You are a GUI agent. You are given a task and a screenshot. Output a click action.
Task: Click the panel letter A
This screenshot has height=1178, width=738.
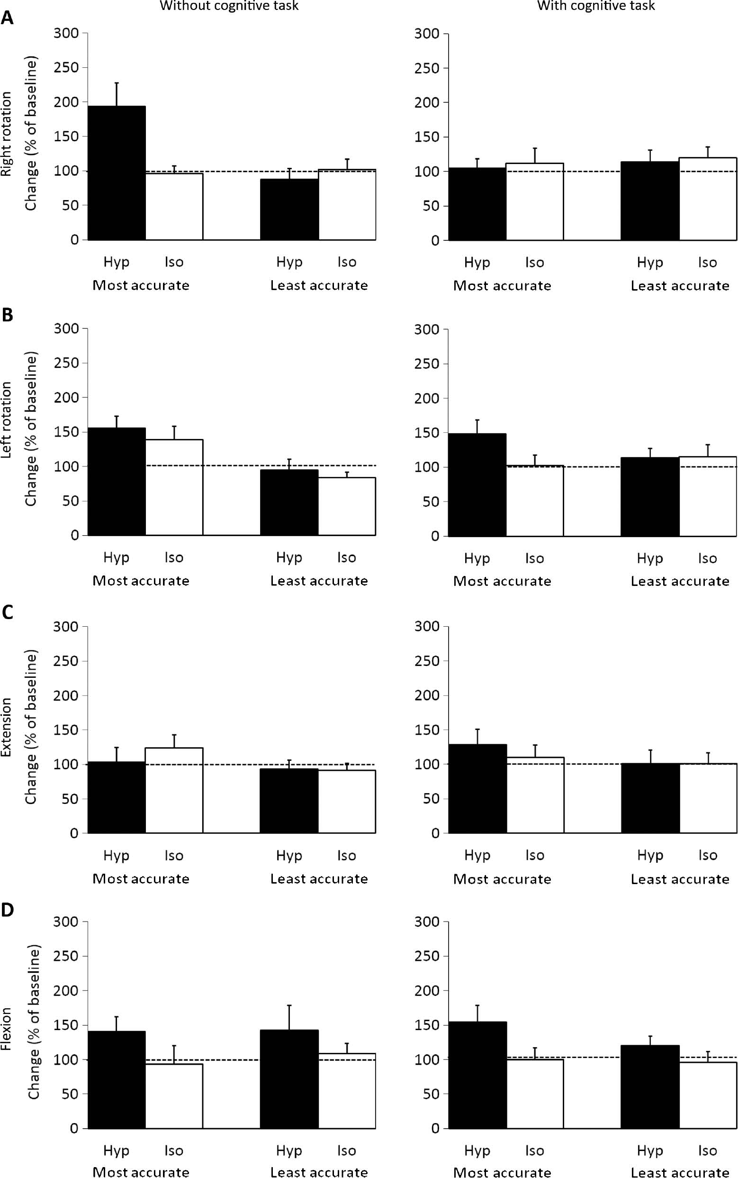click(7, 18)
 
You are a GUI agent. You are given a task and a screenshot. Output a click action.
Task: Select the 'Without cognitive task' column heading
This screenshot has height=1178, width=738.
click(229, 6)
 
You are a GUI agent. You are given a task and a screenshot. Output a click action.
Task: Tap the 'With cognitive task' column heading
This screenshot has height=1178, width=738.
click(595, 6)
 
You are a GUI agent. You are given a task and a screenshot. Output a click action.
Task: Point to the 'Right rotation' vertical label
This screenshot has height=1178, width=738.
click(6, 134)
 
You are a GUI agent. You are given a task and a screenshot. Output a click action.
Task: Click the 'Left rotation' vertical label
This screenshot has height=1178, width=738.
click(6, 420)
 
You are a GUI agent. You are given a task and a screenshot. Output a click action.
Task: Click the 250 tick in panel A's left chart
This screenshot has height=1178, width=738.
click(66, 67)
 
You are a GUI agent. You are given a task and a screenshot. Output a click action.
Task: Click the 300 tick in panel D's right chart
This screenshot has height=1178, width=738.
click(427, 922)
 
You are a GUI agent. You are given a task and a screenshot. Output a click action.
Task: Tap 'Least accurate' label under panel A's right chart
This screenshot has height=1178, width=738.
click(679, 286)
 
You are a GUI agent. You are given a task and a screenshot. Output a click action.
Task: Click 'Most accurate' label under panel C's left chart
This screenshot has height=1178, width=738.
click(141, 878)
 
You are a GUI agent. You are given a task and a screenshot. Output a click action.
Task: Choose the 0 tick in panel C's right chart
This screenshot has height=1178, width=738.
click(435, 833)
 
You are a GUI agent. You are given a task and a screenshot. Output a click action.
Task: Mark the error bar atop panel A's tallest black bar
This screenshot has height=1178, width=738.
click(117, 94)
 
